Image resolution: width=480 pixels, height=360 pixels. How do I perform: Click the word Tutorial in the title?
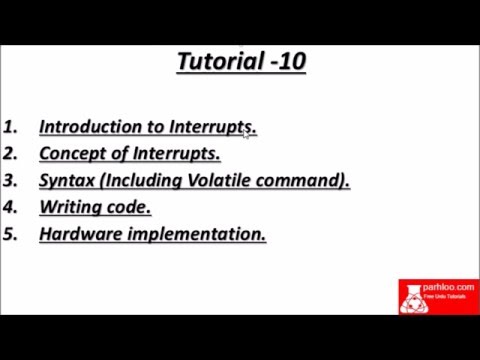[x=213, y=62]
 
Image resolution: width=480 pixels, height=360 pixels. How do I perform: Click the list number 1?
[x=11, y=127]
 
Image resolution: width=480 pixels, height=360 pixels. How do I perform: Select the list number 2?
[x=11, y=154]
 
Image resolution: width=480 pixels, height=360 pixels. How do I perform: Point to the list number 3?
[x=11, y=181]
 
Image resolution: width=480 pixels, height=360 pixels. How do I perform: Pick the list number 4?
[x=11, y=208]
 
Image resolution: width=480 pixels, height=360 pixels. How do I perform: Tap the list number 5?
[x=11, y=235]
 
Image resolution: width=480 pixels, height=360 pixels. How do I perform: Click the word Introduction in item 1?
[x=89, y=127]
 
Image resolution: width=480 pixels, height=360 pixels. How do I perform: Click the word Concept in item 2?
[x=72, y=154]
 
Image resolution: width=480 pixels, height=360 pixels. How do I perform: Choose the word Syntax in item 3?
[x=68, y=181]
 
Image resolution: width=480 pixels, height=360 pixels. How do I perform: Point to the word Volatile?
[x=218, y=181]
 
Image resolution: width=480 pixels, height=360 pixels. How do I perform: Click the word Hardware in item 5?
[x=81, y=235]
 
